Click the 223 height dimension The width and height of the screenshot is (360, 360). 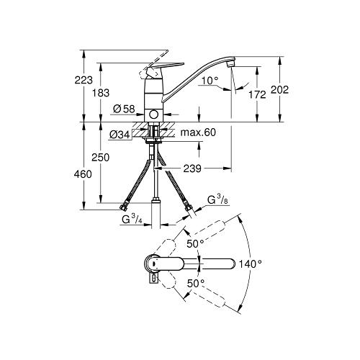pos(84,80)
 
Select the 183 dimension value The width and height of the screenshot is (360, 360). pos(101,93)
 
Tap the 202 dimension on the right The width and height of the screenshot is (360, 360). pos(279,90)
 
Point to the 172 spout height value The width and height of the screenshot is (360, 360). pos(257,95)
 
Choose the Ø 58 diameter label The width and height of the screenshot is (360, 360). pos(124,109)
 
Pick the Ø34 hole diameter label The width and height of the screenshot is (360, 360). pos(120,135)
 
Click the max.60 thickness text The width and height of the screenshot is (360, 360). pos(198,132)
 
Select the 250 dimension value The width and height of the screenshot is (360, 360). pos(101,158)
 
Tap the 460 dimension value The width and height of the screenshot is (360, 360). pos(83,174)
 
